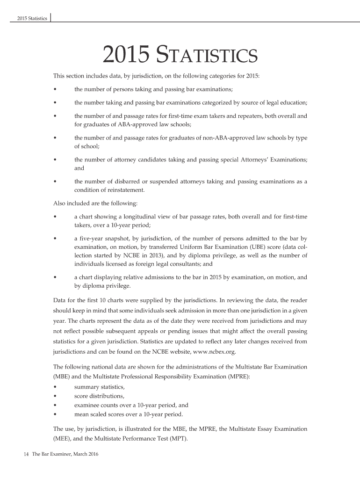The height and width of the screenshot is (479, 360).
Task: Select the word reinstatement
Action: point(126,190)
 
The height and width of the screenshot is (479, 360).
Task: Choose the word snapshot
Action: point(115,238)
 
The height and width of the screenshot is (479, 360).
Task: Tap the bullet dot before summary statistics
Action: point(56,387)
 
